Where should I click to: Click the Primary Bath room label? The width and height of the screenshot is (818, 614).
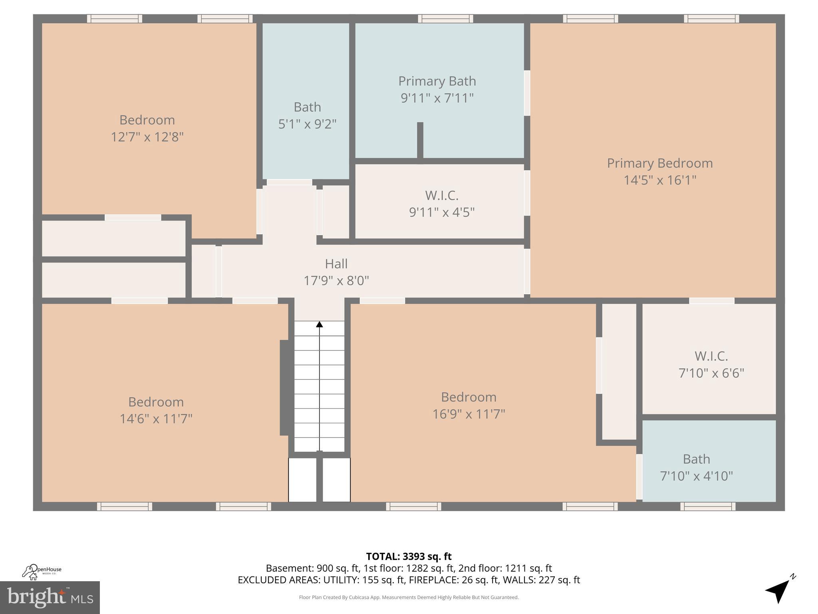point(437,81)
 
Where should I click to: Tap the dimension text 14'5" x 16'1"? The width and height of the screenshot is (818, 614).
point(660,180)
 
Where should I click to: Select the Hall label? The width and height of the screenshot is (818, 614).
point(336,264)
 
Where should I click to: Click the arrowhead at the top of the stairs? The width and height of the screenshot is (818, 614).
point(320,324)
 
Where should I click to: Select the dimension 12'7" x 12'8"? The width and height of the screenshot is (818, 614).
point(147,137)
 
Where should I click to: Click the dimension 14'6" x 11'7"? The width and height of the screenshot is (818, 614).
point(156,419)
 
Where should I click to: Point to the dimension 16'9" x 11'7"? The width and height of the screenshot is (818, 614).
point(469,414)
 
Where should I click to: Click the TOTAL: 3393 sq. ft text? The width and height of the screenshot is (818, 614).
point(409,556)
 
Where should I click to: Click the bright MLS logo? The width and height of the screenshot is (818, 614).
point(50,598)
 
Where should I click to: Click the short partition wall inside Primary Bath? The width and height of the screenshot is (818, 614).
point(420,141)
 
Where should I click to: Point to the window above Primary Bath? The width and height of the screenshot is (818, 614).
point(445,19)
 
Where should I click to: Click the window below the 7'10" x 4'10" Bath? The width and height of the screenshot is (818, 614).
point(708,506)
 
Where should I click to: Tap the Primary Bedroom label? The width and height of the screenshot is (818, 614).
point(660,163)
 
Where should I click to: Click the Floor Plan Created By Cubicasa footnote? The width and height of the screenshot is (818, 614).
point(409,598)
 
